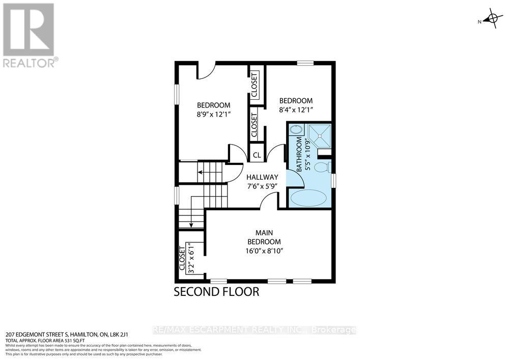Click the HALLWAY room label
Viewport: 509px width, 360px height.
[261, 177]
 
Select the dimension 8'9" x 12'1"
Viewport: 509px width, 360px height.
[214, 115]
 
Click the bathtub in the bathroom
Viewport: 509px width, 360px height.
[308, 198]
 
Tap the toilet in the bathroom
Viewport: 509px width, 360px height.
[322, 167]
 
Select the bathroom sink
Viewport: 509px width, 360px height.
[295, 131]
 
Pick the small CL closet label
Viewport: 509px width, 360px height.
[257, 155]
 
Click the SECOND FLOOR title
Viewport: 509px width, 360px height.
[217, 292]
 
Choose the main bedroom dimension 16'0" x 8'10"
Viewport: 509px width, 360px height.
[264, 251]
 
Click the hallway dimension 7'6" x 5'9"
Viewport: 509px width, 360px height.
[261, 185]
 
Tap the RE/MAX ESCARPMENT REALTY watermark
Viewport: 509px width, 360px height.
[254, 330]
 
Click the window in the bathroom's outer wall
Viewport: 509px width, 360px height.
[333, 181]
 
